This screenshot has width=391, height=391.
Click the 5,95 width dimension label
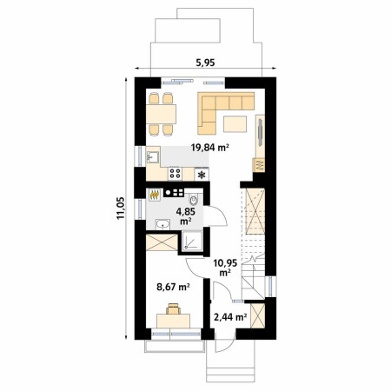205,63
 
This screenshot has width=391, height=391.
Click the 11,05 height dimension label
121,208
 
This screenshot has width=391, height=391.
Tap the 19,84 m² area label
210,148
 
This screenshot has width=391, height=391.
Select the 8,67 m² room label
173,287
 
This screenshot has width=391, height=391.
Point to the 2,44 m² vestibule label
230,317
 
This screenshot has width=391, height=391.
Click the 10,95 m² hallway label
225,268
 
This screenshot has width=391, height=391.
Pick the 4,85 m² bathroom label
186,216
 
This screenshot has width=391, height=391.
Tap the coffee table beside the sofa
235,123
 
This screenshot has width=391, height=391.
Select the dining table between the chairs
161,114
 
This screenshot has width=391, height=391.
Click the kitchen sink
153,157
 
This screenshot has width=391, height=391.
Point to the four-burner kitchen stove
175,174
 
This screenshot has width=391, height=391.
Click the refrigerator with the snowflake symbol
202,175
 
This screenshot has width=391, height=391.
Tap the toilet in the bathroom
194,199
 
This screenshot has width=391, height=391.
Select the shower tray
192,241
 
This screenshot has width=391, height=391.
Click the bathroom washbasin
162,224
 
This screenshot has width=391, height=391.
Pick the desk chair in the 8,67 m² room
173,308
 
